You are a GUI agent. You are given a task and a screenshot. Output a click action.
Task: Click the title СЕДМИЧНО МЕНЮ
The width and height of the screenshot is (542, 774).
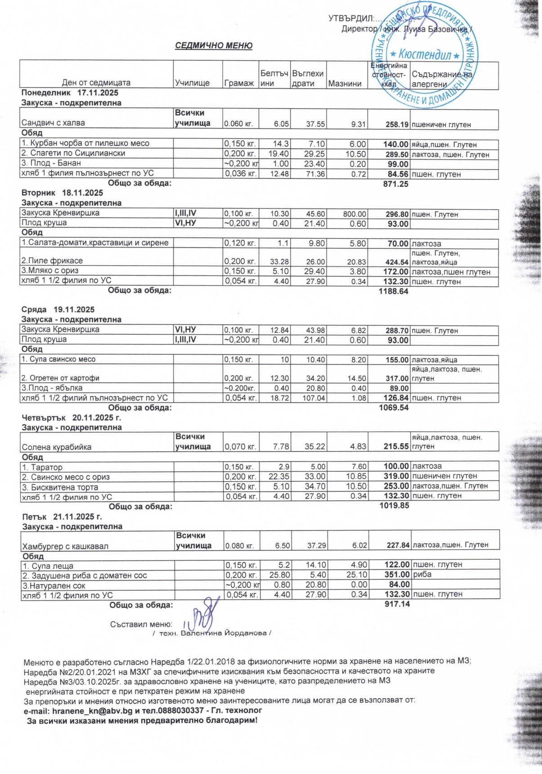(x=214, y=45)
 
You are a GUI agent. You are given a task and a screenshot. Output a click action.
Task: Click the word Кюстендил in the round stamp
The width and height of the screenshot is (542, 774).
(x=425, y=55)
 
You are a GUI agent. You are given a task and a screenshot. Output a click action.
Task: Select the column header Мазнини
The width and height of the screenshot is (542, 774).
(x=345, y=83)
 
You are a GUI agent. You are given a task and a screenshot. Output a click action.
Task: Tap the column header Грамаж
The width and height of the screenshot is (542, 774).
(x=239, y=83)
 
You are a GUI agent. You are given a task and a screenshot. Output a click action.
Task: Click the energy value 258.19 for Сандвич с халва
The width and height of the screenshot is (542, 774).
(x=397, y=124)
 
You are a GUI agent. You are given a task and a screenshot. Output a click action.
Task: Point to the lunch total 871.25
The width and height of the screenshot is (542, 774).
(x=396, y=184)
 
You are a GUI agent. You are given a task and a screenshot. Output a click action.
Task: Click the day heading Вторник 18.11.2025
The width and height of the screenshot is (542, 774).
(x=62, y=193)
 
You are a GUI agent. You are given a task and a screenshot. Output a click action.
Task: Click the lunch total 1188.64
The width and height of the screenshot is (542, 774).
(x=394, y=291)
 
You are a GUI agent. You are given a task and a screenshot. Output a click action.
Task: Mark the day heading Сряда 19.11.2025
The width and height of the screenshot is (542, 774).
(x=58, y=309)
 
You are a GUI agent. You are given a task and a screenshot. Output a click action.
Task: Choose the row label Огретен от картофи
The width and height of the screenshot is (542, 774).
(x=60, y=378)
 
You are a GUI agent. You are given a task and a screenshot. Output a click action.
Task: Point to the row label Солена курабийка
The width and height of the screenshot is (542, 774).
(x=57, y=447)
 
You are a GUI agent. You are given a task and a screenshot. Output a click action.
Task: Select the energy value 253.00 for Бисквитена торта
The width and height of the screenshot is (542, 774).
(x=396, y=486)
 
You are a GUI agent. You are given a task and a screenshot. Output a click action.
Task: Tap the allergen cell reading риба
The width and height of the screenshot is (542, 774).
(x=422, y=575)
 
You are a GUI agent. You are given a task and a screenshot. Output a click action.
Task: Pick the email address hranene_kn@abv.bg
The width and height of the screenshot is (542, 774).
(x=92, y=711)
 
